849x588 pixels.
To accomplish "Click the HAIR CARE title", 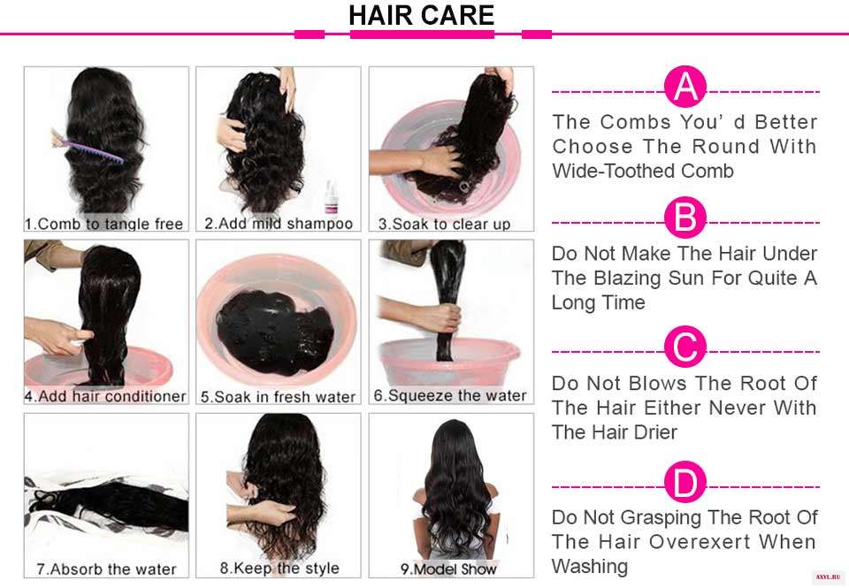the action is click(421, 15).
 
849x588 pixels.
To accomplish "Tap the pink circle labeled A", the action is click(685, 87).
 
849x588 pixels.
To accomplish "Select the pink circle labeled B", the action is click(685, 218).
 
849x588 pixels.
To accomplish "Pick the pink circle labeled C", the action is click(685, 347).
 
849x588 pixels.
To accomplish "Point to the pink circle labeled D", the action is click(685, 482).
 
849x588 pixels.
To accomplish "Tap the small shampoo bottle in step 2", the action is click(331, 198).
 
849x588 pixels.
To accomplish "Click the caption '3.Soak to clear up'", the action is click(444, 224).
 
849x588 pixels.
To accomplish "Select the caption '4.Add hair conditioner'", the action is click(105, 396).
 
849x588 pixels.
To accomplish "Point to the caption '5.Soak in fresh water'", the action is click(278, 397).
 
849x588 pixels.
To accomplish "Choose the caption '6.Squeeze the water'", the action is click(450, 396).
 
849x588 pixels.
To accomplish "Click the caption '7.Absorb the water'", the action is click(107, 569).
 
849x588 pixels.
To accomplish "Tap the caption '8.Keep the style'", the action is click(279, 569).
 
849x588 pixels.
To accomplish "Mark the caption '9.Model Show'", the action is click(448, 569).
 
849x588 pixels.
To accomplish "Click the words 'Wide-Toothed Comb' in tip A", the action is click(643, 171).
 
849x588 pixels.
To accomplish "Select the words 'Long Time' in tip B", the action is click(599, 302).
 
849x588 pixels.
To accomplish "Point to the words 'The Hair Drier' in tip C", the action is click(615, 432).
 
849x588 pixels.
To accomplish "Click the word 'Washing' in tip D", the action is click(590, 567).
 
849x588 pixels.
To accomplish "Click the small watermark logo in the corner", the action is click(829, 577).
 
